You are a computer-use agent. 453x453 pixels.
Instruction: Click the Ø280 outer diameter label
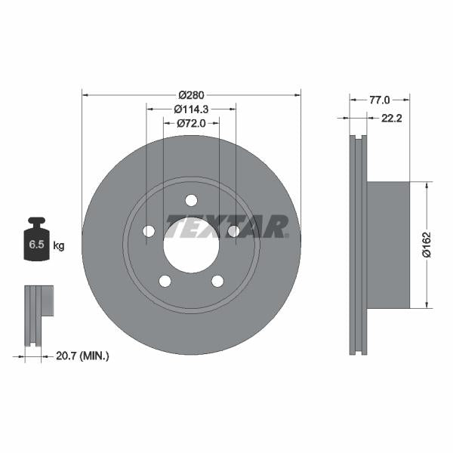191,94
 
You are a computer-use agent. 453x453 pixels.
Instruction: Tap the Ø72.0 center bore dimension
191,122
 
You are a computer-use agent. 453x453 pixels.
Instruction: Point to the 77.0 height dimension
380,99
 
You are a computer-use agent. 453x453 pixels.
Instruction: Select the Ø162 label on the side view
427,244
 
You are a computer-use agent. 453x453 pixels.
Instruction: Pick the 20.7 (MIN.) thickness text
83,355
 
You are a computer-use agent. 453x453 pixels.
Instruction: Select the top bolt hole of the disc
191,200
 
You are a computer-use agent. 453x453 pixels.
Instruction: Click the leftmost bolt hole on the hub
149,231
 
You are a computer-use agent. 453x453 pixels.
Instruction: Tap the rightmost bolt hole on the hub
233,231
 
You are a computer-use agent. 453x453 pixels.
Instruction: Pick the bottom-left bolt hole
165,281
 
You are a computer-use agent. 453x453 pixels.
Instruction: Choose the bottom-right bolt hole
217,281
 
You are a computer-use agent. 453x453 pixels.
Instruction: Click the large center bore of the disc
191,246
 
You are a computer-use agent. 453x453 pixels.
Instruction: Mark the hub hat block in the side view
387,244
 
